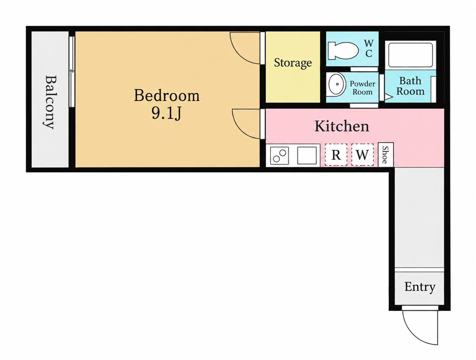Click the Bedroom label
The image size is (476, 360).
[x=167, y=95]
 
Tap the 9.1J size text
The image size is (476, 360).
[x=166, y=113]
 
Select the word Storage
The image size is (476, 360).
[x=293, y=63]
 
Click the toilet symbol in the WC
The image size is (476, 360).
[x=343, y=50]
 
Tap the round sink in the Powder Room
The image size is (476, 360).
[x=336, y=84]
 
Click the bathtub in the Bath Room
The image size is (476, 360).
[x=410, y=55]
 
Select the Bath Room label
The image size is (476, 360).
[x=410, y=86]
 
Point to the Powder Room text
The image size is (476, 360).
[x=363, y=88]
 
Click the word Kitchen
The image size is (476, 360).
[x=342, y=126]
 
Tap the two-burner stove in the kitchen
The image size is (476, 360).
[x=279, y=155]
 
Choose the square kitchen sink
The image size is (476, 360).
[x=307, y=155]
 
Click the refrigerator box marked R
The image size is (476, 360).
[x=336, y=155]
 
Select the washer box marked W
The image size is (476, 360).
[x=363, y=155]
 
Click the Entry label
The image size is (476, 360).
[x=420, y=286]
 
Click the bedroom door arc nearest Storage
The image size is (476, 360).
[x=240, y=55]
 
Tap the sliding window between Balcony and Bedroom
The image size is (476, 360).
[x=72, y=72]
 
